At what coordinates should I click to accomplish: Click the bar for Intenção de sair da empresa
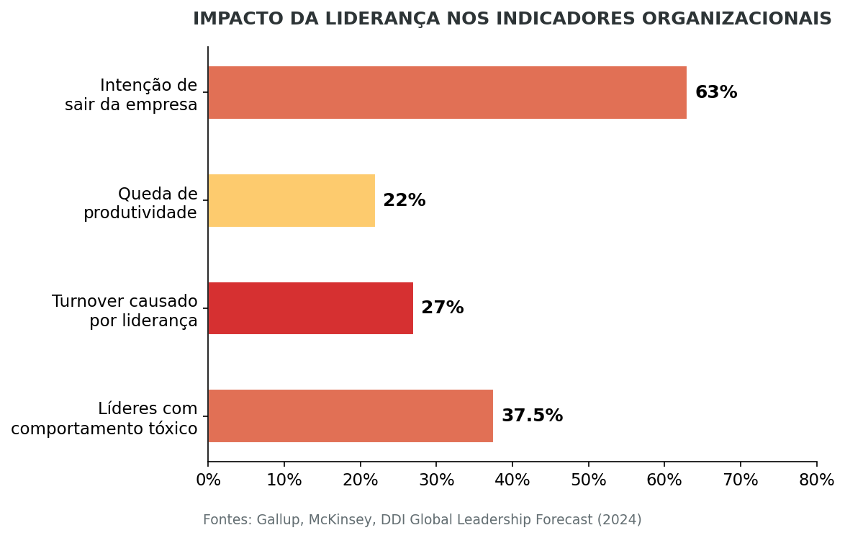point(447,93)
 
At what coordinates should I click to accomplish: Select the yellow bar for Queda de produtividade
point(292,201)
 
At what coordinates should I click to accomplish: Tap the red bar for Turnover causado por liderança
point(310,308)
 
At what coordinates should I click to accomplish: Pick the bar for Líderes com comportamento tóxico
point(351,416)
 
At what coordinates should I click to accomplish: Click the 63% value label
point(715,93)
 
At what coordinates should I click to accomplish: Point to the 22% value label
point(404,201)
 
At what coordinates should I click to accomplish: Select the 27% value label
point(442,308)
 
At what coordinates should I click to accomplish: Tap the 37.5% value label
point(532,416)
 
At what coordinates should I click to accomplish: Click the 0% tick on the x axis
point(208,480)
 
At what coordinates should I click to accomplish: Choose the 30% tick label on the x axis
point(436,480)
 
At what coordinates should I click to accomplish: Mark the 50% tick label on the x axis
point(589,480)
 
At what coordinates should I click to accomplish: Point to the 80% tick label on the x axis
point(816,480)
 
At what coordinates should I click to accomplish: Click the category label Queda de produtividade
point(140,204)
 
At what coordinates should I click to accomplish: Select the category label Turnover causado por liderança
point(125,311)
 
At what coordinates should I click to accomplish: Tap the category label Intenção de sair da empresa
point(131,96)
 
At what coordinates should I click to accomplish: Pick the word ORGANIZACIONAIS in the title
point(736,19)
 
